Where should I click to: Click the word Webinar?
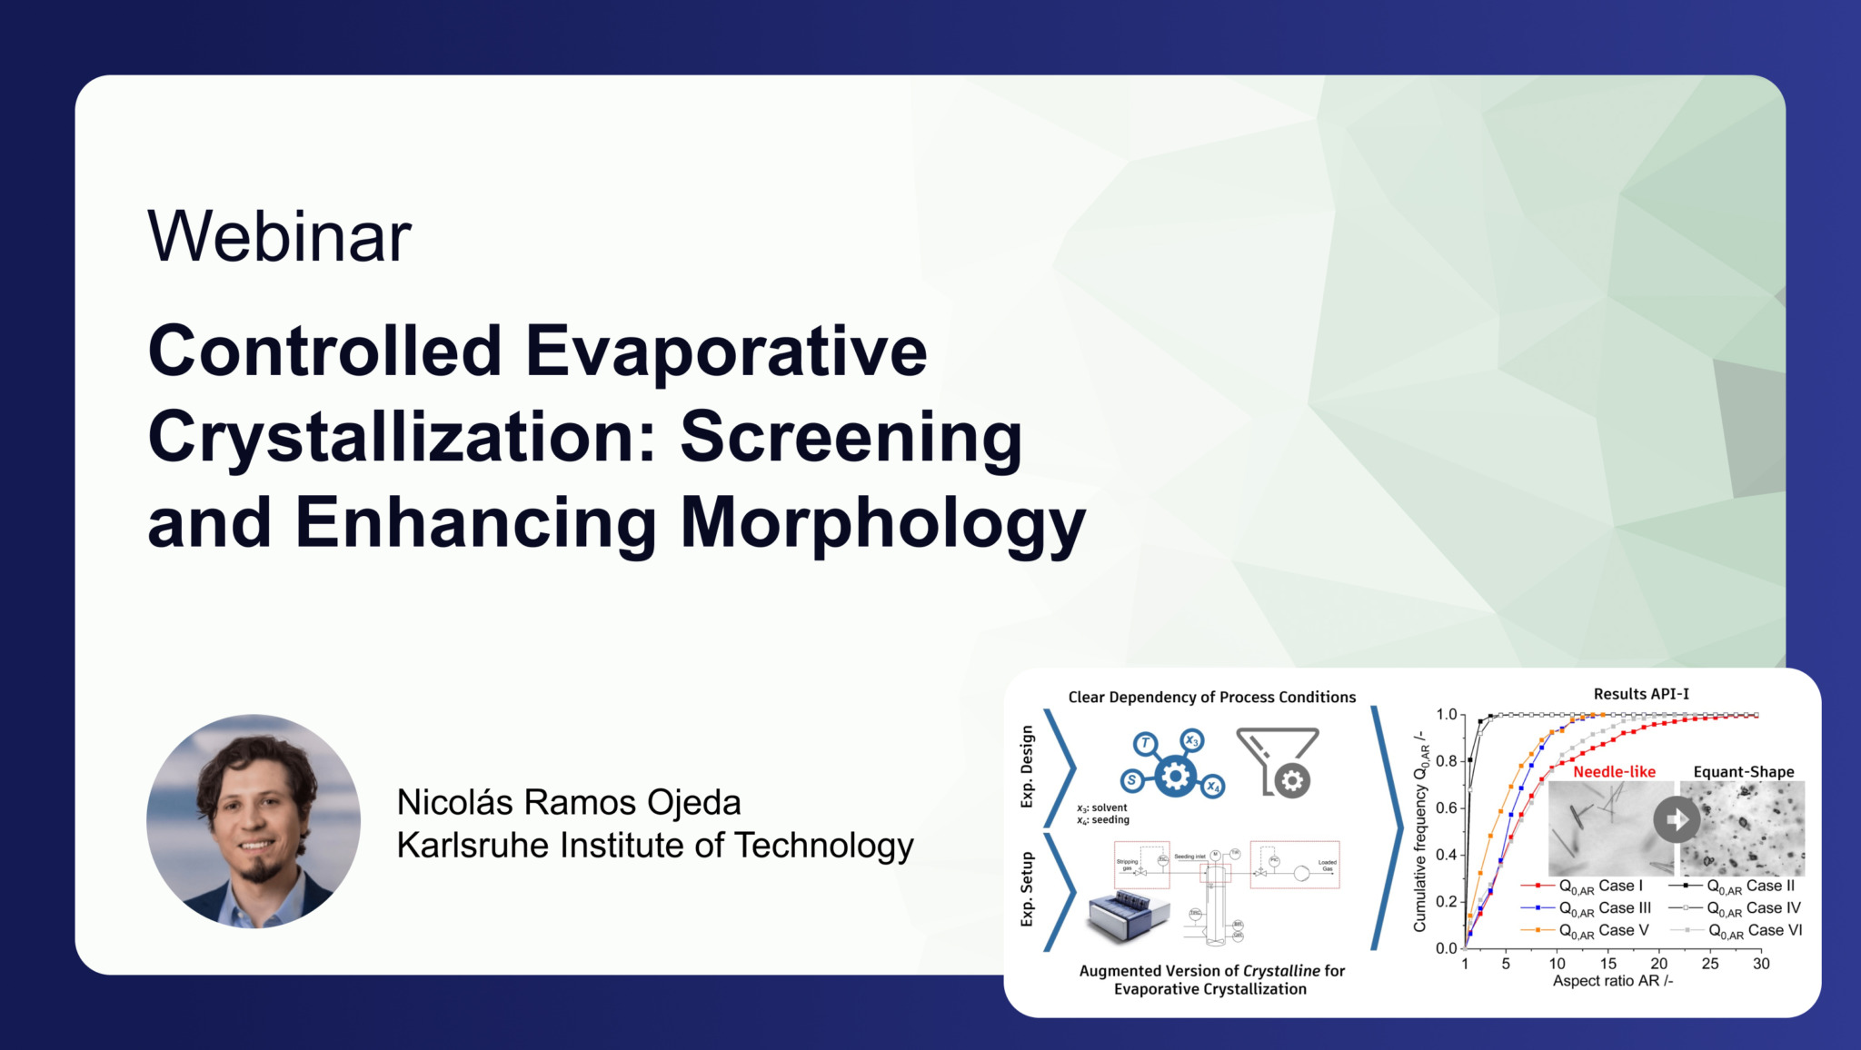click(279, 237)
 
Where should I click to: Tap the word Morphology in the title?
click(882, 523)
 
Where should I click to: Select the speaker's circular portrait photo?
click(254, 821)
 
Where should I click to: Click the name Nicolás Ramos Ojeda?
click(569, 802)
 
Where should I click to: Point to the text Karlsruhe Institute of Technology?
click(654, 846)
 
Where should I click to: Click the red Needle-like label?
click(1614, 772)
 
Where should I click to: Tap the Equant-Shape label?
click(1743, 772)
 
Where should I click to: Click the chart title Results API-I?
click(1641, 694)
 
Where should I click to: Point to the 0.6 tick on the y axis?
click(1446, 807)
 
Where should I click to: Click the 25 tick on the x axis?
click(1709, 964)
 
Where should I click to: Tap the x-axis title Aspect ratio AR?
click(1612, 981)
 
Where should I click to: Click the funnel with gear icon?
click(1278, 761)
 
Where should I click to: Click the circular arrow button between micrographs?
click(1677, 819)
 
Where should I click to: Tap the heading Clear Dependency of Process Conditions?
click(1211, 698)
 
